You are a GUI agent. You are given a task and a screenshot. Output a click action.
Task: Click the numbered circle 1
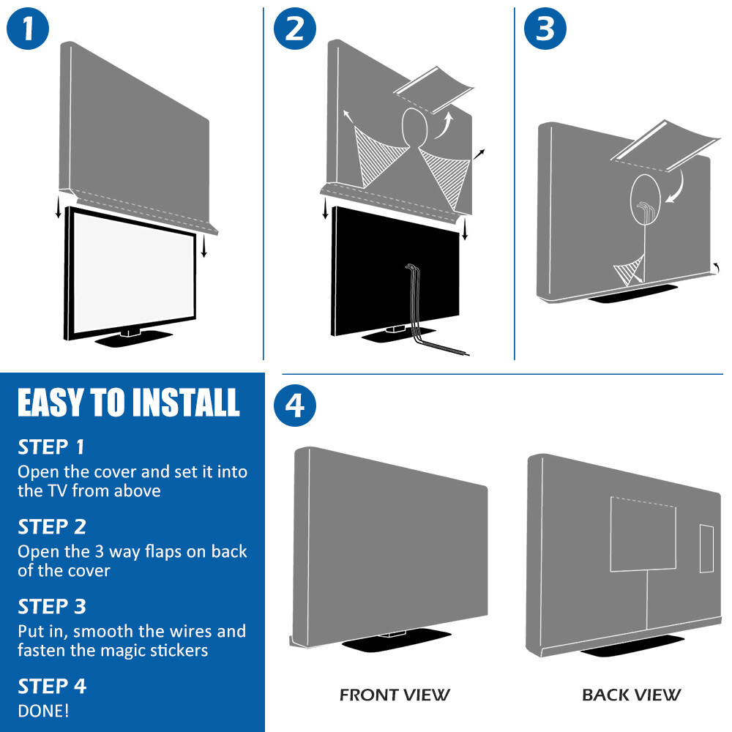[28, 29]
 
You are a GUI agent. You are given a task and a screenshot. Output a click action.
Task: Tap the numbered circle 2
[294, 29]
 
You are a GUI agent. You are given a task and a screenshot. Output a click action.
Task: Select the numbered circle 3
[545, 29]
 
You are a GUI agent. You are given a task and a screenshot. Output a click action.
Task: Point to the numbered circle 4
[294, 406]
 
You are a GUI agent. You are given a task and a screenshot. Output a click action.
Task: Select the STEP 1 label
[51, 447]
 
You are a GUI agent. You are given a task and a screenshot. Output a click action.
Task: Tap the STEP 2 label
[51, 526]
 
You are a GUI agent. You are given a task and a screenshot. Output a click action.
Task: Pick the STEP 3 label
[51, 606]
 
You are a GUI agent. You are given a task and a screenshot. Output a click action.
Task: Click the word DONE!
[44, 710]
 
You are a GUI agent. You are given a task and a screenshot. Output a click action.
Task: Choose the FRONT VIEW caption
[395, 695]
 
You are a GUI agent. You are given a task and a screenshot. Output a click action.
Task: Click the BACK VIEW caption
[631, 695]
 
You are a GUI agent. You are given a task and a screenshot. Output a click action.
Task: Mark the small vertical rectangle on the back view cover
[706, 548]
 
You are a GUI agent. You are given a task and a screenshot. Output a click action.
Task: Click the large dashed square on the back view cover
[643, 534]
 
